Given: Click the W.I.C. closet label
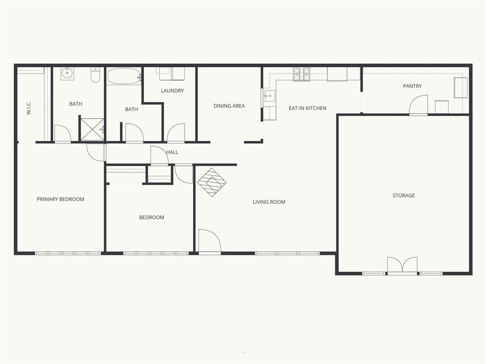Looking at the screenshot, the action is click(29, 108).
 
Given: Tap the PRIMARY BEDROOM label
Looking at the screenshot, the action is click(60, 199).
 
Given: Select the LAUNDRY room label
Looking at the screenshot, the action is click(172, 91).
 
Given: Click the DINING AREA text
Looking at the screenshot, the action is click(229, 106).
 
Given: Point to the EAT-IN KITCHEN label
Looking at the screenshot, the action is click(308, 108).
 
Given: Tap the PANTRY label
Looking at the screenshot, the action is click(412, 86).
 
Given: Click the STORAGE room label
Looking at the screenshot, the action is click(403, 195).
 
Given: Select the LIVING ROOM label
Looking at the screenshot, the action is click(269, 202).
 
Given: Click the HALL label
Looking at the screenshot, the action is click(172, 152).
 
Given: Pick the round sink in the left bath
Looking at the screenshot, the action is click(67, 73).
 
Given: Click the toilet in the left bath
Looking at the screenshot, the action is click(95, 75).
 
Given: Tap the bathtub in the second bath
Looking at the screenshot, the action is click(124, 76).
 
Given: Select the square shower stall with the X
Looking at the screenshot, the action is click(92, 128).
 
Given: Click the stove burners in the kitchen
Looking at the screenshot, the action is click(301, 74).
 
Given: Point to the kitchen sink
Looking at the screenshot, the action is click(270, 96).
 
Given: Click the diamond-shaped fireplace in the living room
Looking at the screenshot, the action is click(212, 182).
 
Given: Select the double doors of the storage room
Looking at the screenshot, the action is click(402, 265).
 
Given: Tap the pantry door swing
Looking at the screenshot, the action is click(419, 105).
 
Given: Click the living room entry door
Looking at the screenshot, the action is click(209, 241).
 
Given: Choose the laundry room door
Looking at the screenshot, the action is click(176, 133).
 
